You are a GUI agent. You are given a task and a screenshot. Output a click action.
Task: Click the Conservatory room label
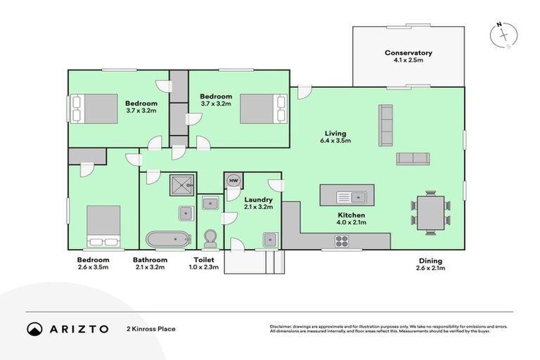(x=408, y=57)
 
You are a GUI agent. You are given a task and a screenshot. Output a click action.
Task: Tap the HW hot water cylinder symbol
(x=233, y=181)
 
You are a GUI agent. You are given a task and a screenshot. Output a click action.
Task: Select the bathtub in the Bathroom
(x=168, y=238)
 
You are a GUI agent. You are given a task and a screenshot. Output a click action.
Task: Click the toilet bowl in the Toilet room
(x=210, y=238)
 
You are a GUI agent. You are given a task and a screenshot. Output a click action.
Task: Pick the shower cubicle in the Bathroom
(x=182, y=185)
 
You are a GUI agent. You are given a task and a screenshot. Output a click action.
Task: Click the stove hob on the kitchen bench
(x=342, y=240)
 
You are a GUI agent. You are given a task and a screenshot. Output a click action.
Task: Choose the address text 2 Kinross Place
(x=150, y=328)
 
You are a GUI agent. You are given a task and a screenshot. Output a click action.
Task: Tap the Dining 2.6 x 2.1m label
(x=430, y=264)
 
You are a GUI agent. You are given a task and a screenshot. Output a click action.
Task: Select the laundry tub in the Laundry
(x=271, y=238)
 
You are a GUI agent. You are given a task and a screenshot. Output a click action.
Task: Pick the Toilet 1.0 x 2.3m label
(x=205, y=264)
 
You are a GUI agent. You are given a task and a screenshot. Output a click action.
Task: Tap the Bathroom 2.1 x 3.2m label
(x=150, y=264)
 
